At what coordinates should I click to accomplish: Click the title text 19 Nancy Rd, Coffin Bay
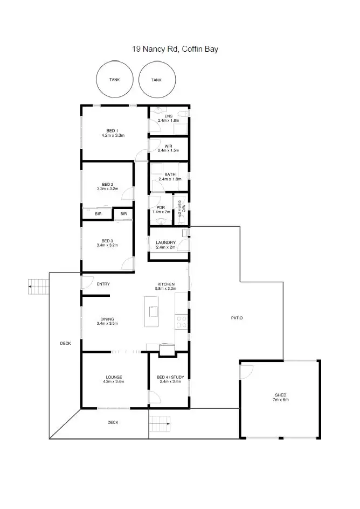point(175,49)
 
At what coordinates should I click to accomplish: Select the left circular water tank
point(114,80)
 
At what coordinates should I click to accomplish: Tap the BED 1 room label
point(113,132)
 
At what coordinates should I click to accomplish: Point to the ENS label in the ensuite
point(168,116)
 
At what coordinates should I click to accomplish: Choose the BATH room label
point(170,174)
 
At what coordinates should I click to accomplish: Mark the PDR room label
point(160,207)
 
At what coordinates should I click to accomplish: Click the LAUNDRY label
point(166,242)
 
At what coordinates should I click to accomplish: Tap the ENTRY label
point(103,284)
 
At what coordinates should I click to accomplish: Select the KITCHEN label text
point(166,284)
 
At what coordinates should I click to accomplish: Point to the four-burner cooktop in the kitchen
point(182,322)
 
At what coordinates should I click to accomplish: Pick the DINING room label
point(107,318)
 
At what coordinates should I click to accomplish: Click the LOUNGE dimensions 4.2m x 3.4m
point(114,381)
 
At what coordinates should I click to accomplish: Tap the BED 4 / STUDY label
point(170,377)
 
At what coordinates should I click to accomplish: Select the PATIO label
point(237,318)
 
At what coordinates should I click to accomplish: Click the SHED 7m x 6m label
point(281,397)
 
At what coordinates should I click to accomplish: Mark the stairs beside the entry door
point(37,287)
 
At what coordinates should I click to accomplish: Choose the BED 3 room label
point(107,240)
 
